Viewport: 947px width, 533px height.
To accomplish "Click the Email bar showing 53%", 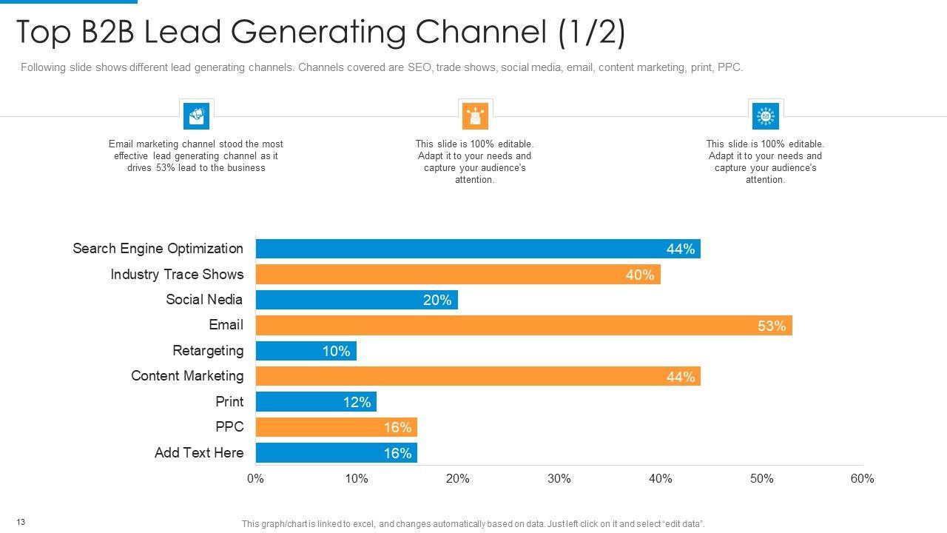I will pyautogui.click(x=523, y=326).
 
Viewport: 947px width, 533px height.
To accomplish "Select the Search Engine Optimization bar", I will pyautogui.click(x=477, y=249).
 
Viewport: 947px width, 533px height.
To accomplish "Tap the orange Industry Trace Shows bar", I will pyautogui.click(x=457, y=275).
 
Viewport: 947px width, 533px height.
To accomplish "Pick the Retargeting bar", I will pyautogui.click(x=306, y=351).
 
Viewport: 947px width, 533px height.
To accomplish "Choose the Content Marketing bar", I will pyautogui.click(x=477, y=377).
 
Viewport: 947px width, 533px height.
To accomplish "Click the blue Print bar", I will pyautogui.click(x=316, y=402).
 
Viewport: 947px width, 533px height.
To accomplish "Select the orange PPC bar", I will pyautogui.click(x=336, y=428).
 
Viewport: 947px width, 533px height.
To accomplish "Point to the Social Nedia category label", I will pyautogui.click(x=204, y=300).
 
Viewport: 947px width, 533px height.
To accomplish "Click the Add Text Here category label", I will pyautogui.click(x=198, y=453).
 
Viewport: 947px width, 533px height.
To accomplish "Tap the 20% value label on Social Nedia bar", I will pyautogui.click(x=437, y=300).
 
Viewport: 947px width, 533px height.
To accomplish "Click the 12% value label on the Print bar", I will pyautogui.click(x=357, y=402).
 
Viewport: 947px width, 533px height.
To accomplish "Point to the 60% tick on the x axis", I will pyautogui.click(x=862, y=479).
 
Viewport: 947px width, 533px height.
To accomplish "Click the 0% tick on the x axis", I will pyautogui.click(x=255, y=479).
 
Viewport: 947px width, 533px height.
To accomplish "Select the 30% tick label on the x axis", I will pyautogui.click(x=559, y=479).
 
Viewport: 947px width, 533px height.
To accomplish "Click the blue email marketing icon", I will pyautogui.click(x=196, y=115).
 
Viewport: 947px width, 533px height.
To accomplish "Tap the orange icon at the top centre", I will pyautogui.click(x=474, y=115).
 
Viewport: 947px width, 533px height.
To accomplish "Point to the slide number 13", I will pyautogui.click(x=21, y=523).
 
